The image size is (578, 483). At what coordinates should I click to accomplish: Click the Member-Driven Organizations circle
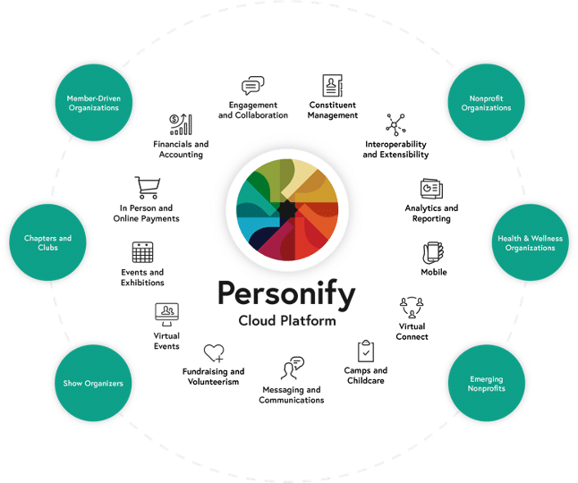point(93,102)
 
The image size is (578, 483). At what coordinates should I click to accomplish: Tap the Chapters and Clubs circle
point(47,242)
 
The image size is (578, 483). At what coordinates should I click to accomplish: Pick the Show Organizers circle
point(93,384)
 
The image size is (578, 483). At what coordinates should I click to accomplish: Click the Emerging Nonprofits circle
point(486,384)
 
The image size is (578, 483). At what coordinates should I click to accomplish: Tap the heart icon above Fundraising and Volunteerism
point(213,353)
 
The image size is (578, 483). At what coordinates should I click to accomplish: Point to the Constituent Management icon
point(332,87)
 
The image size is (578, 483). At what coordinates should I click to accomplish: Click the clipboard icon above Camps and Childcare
point(365,351)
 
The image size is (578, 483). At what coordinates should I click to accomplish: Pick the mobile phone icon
point(433,252)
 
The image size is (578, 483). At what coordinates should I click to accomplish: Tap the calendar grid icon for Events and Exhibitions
point(142,252)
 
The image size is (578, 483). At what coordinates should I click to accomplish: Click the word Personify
point(285,294)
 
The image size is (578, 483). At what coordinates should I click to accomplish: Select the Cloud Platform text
point(285,320)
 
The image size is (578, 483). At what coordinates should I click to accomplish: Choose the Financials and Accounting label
point(181,148)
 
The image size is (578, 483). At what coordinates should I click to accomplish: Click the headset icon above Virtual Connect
point(411,307)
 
